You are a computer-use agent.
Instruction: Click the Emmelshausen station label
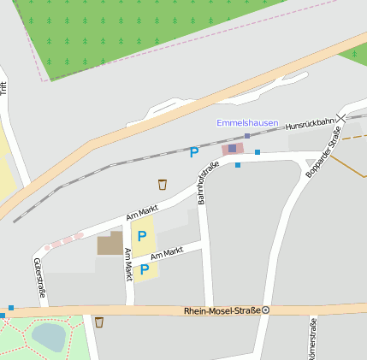click(247, 123)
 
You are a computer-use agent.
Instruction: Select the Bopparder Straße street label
click(323, 152)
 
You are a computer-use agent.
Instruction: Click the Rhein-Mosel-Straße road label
click(222, 310)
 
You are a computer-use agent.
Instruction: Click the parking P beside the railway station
click(194, 153)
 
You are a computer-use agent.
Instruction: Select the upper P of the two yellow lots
click(142, 235)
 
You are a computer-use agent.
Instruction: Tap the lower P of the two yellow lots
click(145, 270)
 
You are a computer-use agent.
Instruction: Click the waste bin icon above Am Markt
click(163, 184)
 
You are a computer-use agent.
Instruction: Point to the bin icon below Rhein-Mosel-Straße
click(99, 322)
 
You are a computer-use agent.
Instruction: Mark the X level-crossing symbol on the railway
click(341, 117)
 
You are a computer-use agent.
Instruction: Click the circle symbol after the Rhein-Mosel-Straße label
click(265, 310)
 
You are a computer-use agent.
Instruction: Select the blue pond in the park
click(48, 337)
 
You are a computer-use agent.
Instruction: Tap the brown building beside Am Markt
click(110, 244)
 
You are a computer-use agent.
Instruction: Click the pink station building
click(232, 149)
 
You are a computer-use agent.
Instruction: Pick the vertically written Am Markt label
click(128, 264)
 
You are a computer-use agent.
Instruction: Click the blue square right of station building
click(257, 151)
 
